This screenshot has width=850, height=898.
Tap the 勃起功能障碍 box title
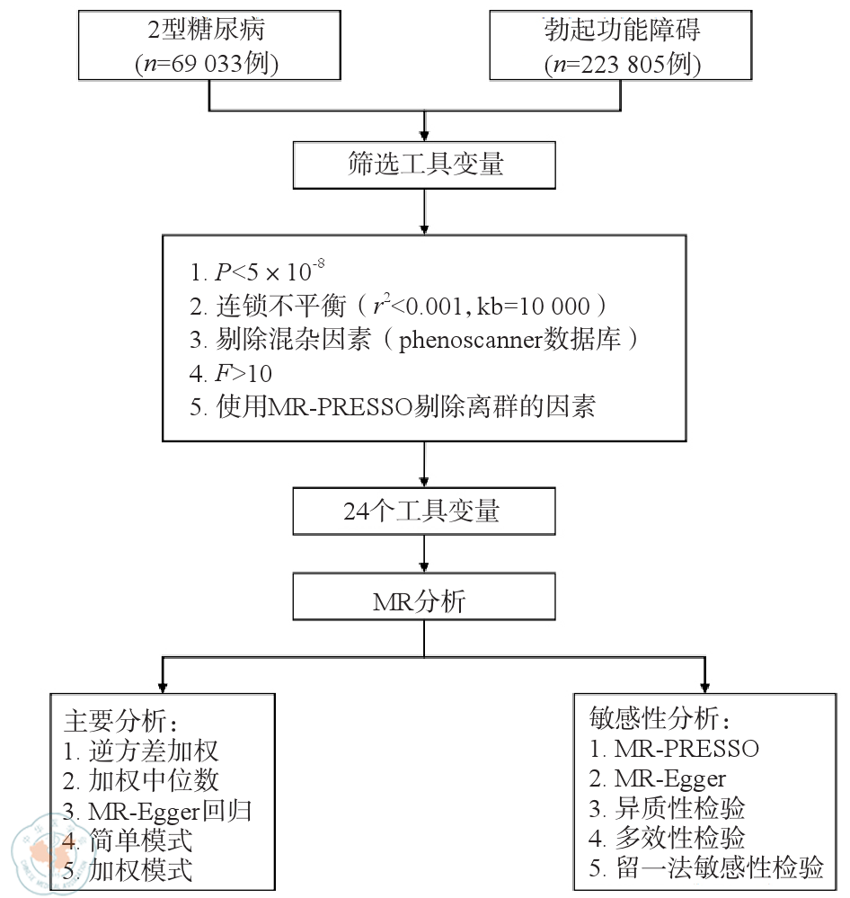point(622,30)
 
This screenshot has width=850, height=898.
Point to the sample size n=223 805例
point(623,64)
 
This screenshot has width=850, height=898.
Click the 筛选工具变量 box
point(424,164)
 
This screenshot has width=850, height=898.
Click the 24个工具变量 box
point(422,511)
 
